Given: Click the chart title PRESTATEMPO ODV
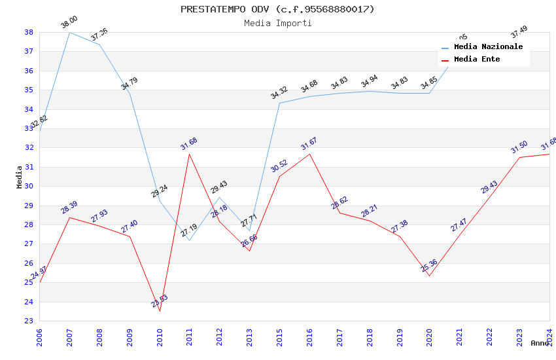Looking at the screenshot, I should coord(277,9).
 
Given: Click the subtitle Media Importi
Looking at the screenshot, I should coord(277,24).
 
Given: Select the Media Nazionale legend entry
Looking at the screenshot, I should coord(488,47).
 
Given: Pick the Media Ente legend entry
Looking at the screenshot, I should coord(477,60).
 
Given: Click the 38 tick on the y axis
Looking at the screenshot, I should coord(29,32).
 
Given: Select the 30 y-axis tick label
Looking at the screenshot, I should coord(29,186).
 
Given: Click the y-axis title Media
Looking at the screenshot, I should coord(20,177).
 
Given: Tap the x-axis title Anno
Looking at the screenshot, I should coord(540,343).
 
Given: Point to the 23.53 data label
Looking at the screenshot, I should coord(159,301).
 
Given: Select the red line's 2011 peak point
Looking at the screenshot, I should coord(190,154).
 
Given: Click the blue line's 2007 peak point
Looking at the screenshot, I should coord(69,32).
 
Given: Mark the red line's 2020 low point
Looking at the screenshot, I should coord(429,276).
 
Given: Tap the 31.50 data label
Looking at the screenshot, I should coord(519,147).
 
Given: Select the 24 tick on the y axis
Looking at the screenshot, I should coord(29,302).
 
